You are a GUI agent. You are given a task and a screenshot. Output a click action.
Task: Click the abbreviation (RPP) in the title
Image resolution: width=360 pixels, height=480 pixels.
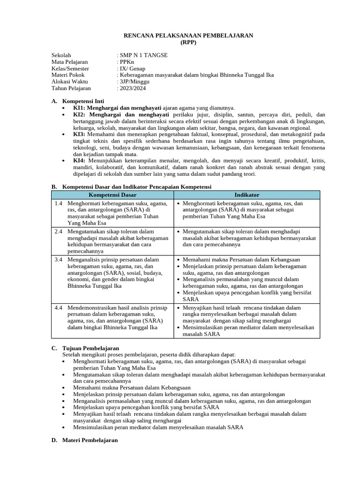(x=188, y=42)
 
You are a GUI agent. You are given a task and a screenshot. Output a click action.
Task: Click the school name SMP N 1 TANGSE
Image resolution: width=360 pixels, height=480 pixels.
(x=143, y=55)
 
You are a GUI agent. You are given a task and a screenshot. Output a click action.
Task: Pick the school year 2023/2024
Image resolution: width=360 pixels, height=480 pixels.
(x=134, y=88)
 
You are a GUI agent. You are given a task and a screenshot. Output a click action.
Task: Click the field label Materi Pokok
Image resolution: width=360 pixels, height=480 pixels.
(x=68, y=75)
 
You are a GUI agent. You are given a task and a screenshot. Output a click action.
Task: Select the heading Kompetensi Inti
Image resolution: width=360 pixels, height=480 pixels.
(x=83, y=101)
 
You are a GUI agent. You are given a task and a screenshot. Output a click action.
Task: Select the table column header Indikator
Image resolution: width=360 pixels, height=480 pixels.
(x=247, y=195)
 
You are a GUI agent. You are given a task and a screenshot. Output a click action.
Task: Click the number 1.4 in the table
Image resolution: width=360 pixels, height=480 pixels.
(x=58, y=203)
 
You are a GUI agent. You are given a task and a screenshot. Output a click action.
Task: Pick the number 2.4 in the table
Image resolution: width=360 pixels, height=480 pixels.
(x=58, y=232)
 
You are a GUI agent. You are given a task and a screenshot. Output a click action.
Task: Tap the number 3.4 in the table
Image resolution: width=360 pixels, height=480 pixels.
(x=58, y=260)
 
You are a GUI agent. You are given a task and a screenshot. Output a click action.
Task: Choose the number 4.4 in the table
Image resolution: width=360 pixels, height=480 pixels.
(x=58, y=308)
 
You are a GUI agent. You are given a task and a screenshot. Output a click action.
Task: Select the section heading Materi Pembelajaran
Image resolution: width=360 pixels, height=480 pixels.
(x=90, y=441)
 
